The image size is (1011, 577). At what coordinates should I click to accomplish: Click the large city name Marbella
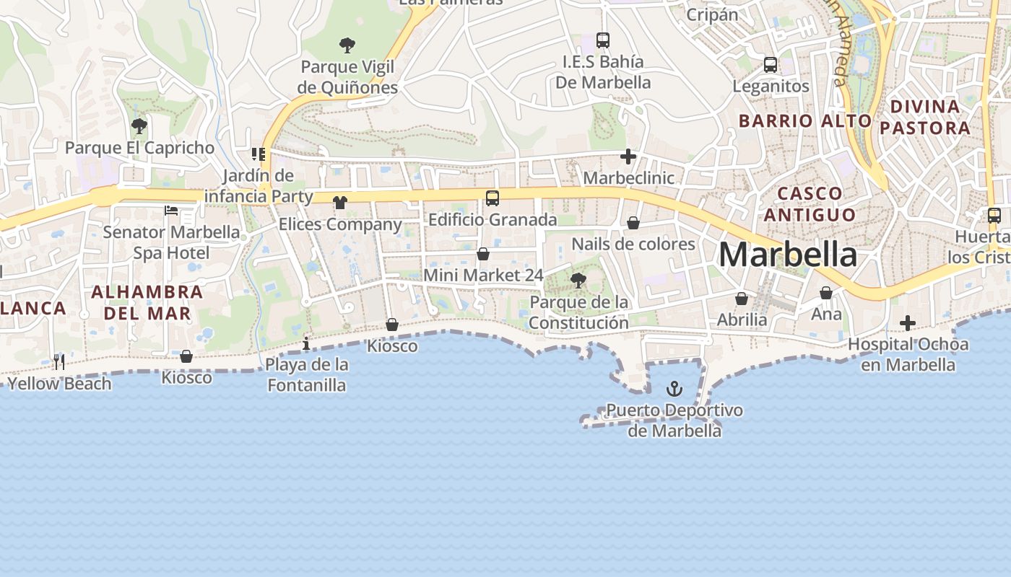pos(788,255)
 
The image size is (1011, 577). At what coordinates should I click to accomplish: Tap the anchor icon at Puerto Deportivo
pos(674,389)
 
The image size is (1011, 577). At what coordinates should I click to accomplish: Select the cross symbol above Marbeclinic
pos(628,156)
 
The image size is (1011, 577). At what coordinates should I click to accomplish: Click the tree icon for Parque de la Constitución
pos(578,281)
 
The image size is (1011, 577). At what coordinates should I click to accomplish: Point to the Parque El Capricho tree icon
pos(139,126)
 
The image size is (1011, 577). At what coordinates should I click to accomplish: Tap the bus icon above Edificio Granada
pos(493,198)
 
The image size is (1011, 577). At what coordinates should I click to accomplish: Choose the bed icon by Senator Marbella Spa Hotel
pos(171,211)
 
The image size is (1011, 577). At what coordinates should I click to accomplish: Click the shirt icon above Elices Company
pos(340,203)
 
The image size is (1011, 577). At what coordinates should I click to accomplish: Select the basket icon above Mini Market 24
pos(483,254)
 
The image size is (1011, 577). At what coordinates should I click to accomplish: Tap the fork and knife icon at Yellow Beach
pos(59,361)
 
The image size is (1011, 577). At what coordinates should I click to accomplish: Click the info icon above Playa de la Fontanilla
pos(307,343)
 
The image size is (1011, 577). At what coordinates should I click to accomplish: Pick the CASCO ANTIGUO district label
pos(810,204)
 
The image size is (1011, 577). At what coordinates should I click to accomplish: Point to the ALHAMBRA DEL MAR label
pos(147,302)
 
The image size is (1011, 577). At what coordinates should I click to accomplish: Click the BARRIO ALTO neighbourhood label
pos(805,120)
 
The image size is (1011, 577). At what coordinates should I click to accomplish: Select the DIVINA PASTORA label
pos(925,118)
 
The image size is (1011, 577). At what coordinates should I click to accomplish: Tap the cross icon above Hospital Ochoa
pos(908,323)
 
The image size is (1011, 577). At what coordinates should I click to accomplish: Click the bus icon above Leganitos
pos(771,65)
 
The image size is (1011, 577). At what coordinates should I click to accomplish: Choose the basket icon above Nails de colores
pos(633,223)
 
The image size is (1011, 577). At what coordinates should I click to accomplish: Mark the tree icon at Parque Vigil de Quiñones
pos(347,45)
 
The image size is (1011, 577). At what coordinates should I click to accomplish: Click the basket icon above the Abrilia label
pos(742,298)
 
